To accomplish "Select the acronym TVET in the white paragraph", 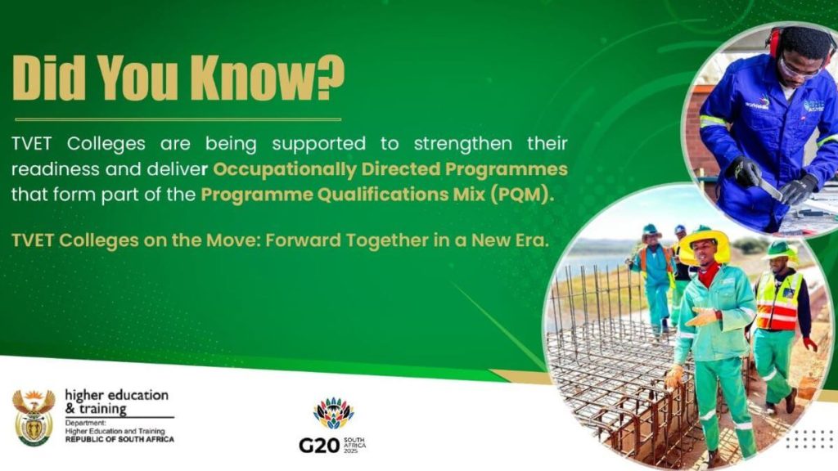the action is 32,144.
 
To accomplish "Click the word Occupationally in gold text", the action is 284,170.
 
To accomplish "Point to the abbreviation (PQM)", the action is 520,195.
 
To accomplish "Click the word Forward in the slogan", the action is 303,240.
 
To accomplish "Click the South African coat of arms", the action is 34,417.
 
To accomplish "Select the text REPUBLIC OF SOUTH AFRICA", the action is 119,439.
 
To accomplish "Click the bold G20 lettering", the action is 319,445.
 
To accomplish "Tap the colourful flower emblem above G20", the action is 333,413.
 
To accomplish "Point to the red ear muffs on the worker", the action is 774,41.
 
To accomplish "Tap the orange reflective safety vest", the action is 777,301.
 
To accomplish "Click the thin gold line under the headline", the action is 178,119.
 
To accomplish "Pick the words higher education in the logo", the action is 116,396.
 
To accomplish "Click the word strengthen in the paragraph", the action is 463,144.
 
